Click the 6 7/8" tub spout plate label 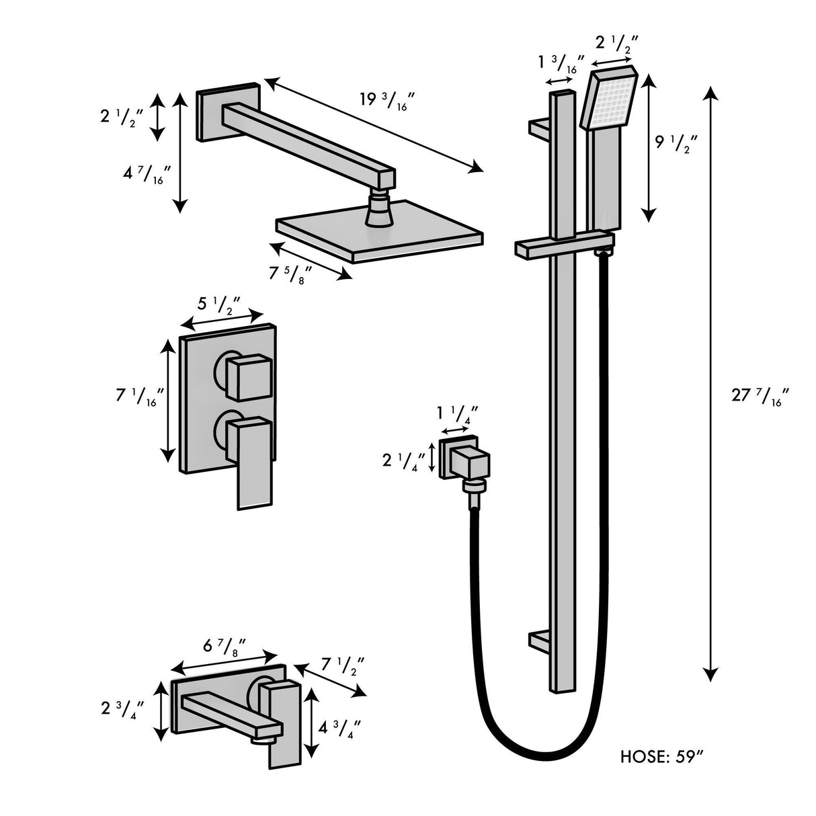click(223, 647)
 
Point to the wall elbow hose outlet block click(470, 464)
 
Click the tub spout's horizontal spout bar click(229, 715)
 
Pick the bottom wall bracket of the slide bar click(540, 640)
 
